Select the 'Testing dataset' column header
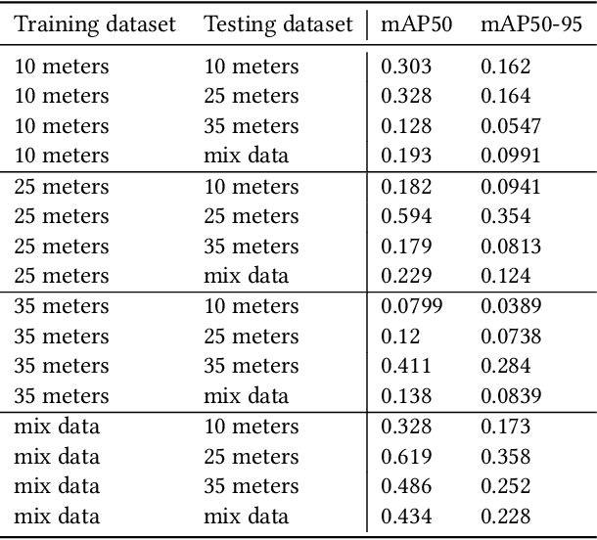(x=278, y=24)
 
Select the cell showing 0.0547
(x=510, y=126)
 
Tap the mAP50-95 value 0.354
(x=505, y=216)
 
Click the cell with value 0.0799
(x=411, y=306)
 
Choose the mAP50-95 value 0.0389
(x=510, y=306)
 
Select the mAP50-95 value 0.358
(x=505, y=457)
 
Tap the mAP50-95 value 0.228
(x=505, y=517)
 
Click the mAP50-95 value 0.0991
(x=510, y=157)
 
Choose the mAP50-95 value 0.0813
(x=510, y=247)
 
